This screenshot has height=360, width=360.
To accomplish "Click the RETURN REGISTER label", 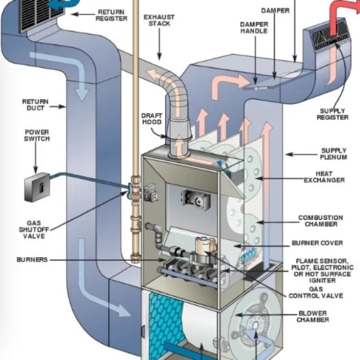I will coord(112,15).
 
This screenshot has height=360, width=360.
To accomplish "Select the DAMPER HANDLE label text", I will coord(254,29).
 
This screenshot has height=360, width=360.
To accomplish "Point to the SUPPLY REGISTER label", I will coord(332,114).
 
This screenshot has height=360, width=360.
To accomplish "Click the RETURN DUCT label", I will coord(35,105).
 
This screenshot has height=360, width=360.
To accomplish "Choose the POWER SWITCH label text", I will coord(36,136).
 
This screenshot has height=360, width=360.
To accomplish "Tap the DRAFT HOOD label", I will coord(151,118).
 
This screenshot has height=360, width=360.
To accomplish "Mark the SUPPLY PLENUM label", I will coord(333,154).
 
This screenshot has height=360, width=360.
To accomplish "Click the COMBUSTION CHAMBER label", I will coord(320,221).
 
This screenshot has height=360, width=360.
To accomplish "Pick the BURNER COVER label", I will coord(317,244).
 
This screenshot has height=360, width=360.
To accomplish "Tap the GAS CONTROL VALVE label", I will coord(309,292).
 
